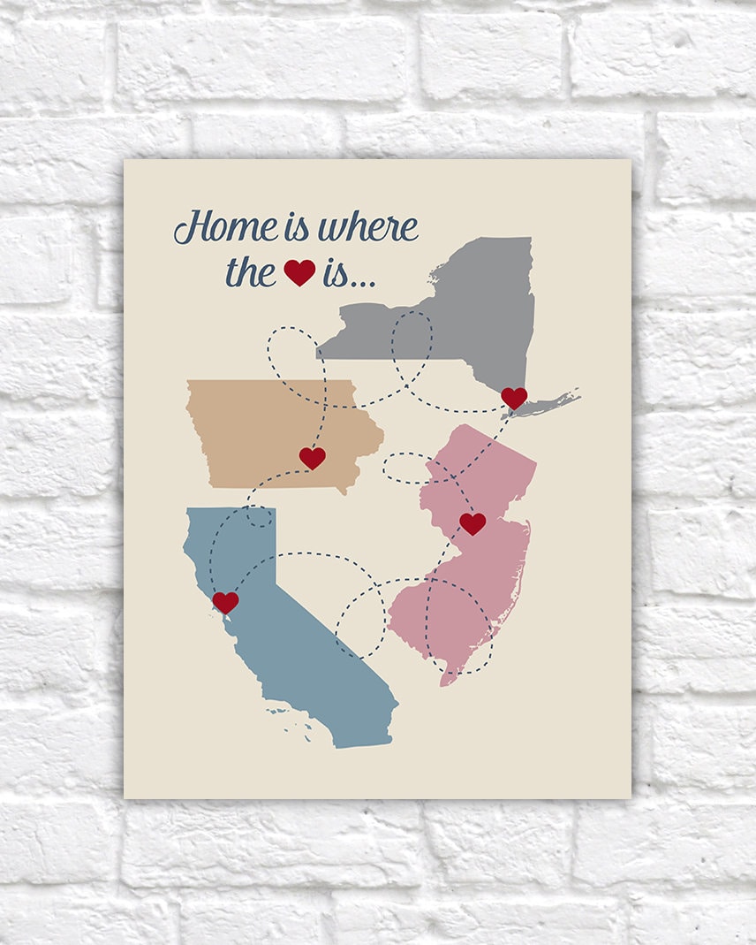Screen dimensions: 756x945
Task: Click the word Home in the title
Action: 226,228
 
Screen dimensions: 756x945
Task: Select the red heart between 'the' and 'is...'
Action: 299,272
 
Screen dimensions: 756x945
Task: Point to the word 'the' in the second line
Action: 251,272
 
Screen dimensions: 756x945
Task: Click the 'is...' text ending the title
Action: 348,274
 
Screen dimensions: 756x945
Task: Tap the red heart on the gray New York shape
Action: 514,398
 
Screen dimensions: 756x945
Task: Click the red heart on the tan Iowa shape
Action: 312,457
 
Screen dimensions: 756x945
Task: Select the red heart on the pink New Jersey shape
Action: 472,523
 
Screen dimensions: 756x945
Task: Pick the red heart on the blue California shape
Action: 225,602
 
